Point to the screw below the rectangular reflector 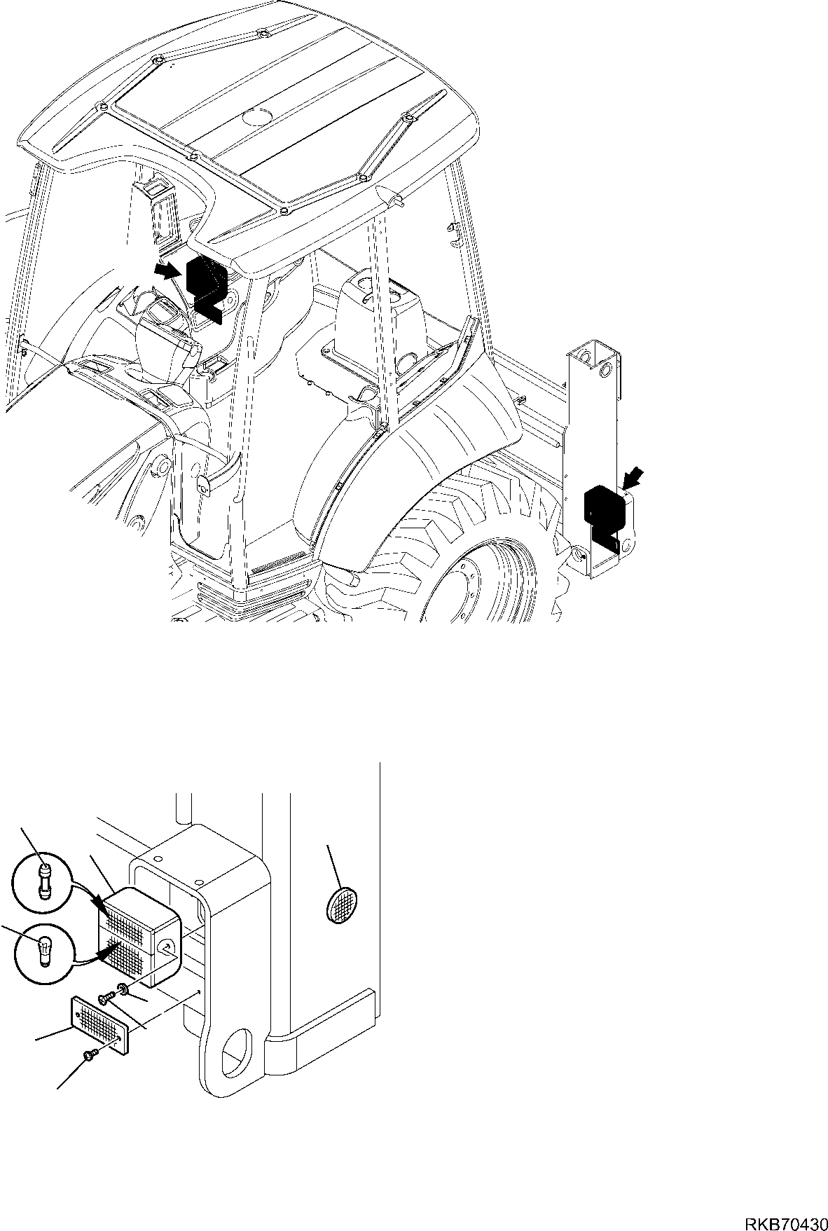[x=89, y=1054]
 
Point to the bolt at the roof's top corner [x=262, y=34]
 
